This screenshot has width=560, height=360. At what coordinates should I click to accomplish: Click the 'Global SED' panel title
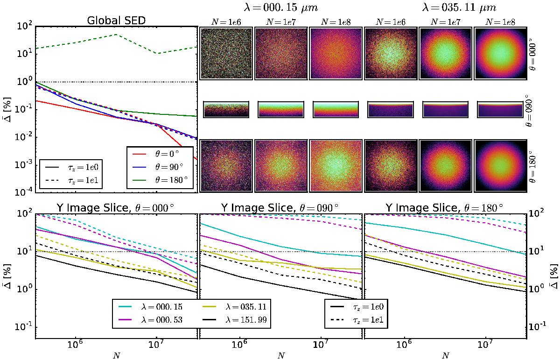116,21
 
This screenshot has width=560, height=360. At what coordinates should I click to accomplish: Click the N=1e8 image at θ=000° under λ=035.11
500,53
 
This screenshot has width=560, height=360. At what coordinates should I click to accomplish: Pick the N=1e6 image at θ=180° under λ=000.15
226,165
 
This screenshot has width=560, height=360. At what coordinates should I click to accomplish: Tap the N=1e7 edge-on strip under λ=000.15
281,109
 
